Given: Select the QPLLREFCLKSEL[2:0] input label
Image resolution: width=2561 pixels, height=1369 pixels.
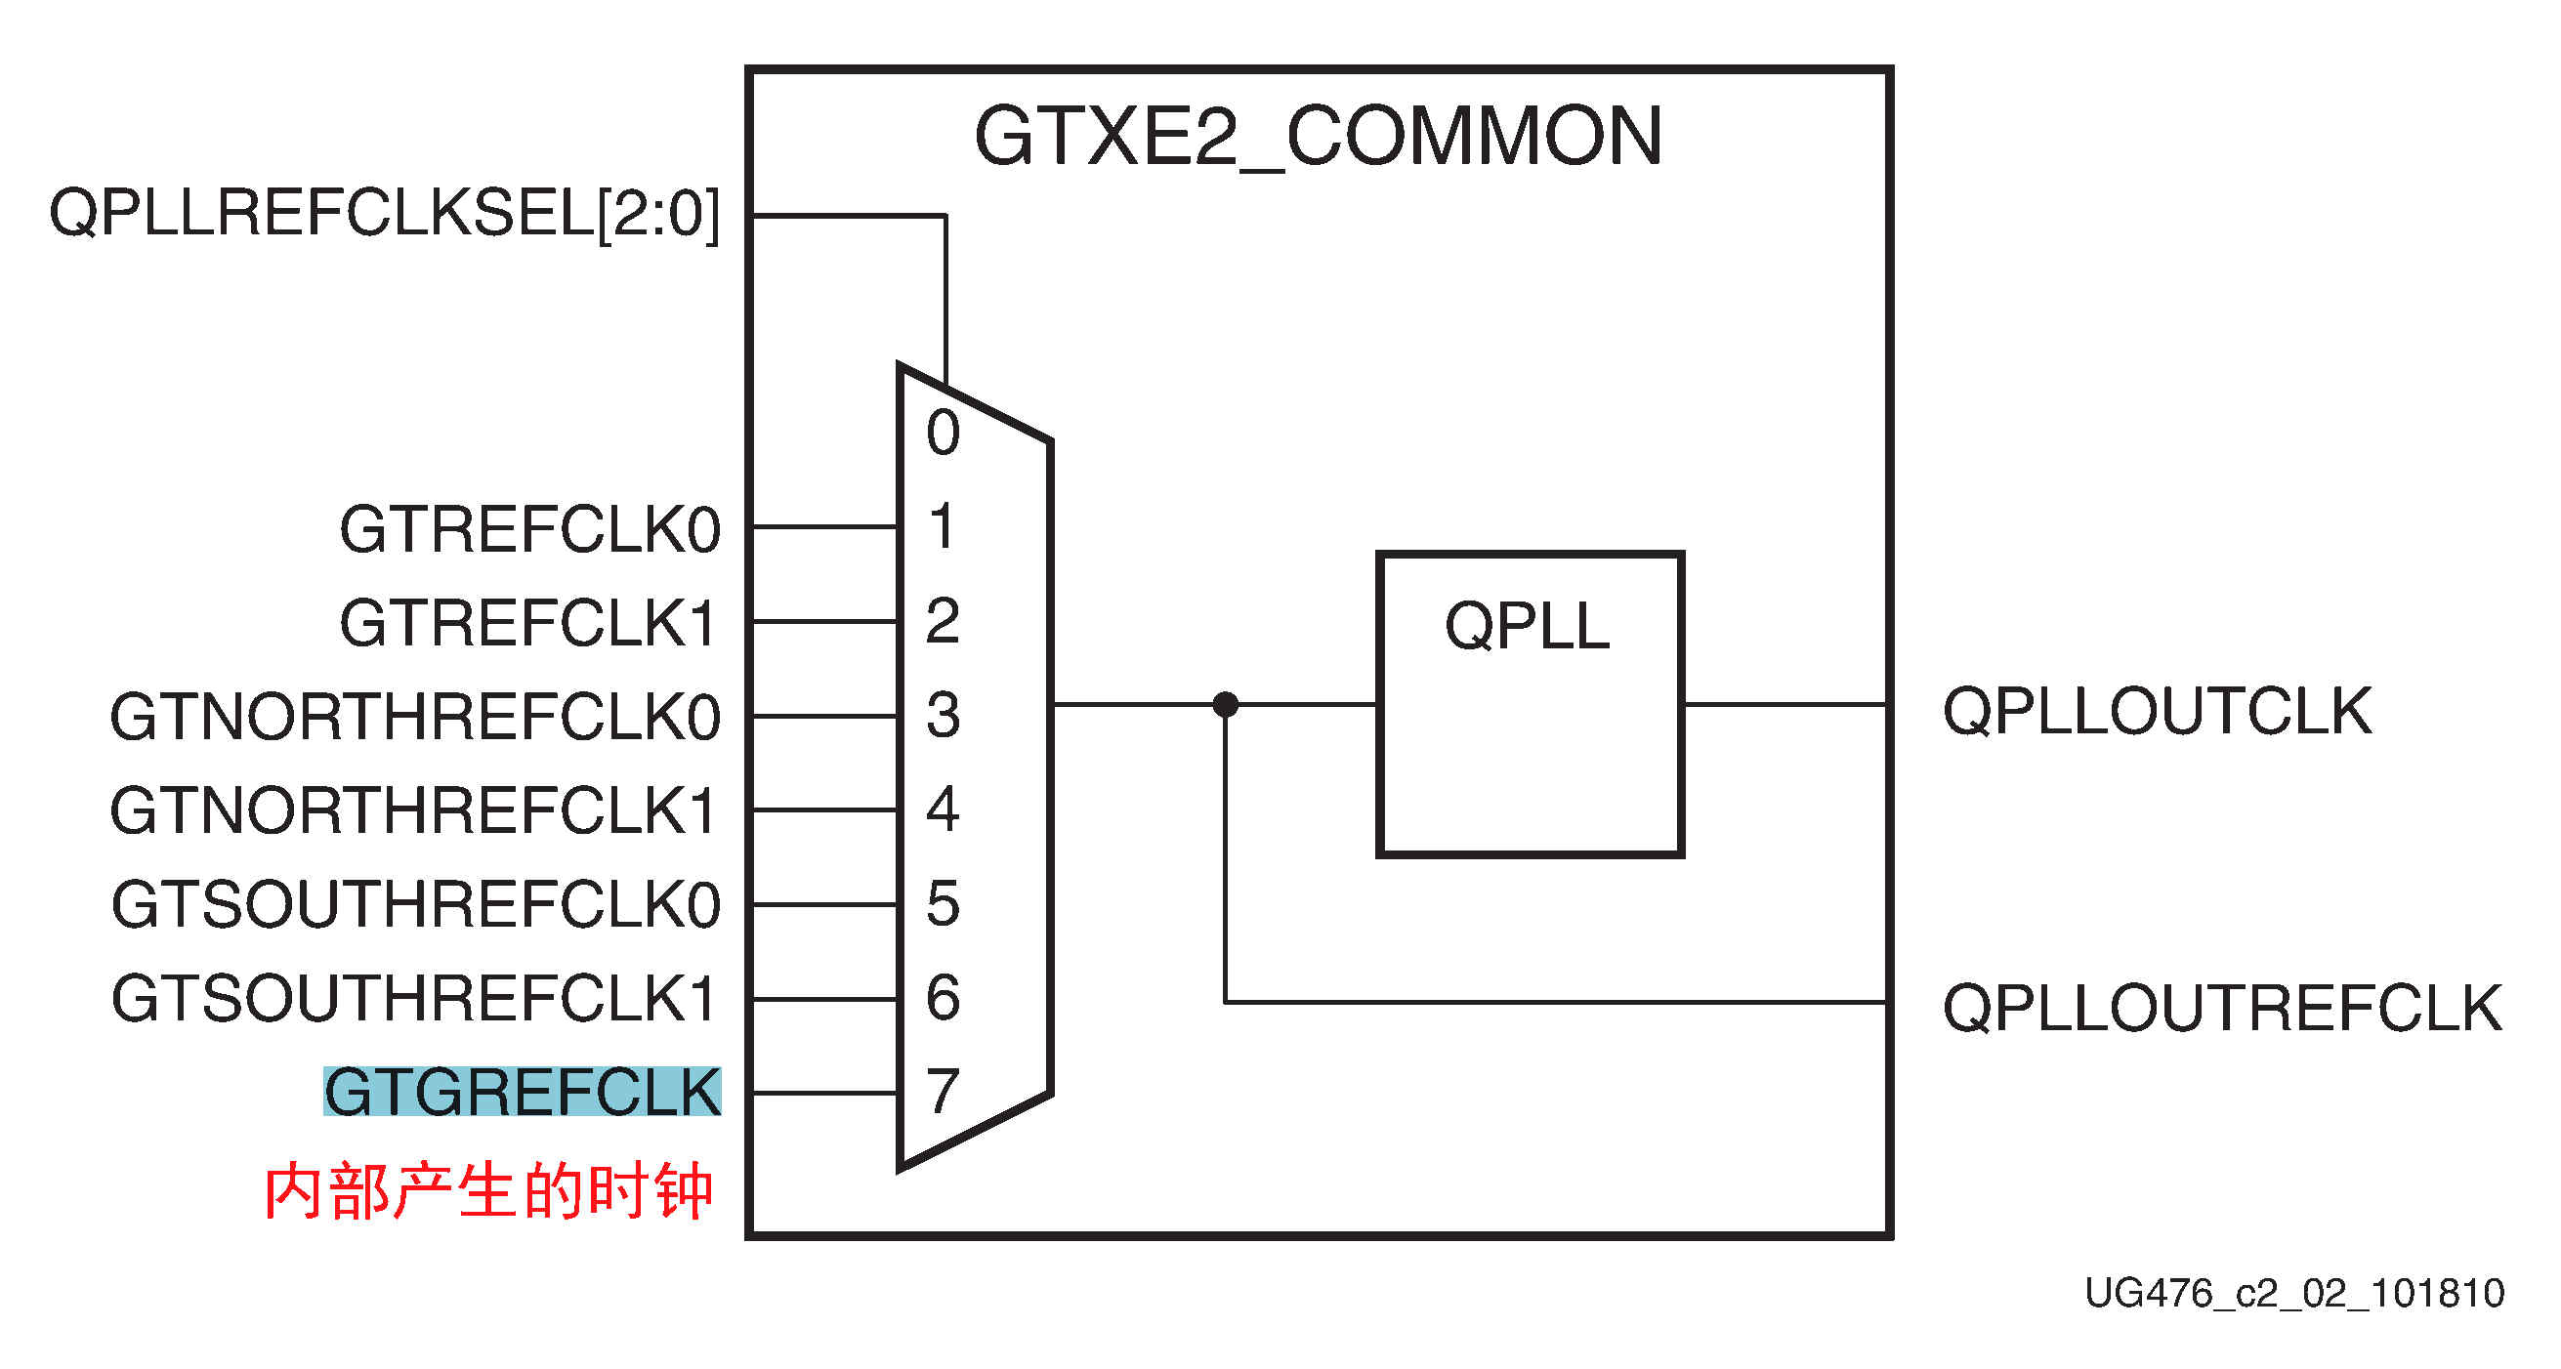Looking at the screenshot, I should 384,213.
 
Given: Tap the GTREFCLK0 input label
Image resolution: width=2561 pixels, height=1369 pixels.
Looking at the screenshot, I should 530,528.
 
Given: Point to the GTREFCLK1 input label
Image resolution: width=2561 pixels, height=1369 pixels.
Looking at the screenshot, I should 527,622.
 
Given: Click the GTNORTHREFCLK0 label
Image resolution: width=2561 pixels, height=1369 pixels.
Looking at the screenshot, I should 414,717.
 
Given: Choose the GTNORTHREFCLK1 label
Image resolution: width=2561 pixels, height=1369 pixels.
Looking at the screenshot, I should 412,810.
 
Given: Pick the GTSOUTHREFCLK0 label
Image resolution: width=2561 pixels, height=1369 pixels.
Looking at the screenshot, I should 415,905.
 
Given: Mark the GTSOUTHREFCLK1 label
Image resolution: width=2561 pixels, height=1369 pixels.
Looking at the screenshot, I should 413,998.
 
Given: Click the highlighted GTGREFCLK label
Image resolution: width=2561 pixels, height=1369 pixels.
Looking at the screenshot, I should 522,1092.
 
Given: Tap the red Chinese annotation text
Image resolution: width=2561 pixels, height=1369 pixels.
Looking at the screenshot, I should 488,1190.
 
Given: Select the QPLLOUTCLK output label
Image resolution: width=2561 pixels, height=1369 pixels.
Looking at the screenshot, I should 2158,711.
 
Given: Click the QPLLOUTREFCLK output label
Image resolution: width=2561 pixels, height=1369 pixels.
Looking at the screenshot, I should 2222,1007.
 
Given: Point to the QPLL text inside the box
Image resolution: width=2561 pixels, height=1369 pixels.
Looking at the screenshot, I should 1527,626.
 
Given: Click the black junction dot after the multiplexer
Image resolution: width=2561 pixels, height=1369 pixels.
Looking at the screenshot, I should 1226,705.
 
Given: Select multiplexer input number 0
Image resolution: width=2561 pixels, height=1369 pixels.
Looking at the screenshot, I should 943,433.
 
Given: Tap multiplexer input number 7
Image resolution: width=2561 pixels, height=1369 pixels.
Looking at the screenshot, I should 943,1092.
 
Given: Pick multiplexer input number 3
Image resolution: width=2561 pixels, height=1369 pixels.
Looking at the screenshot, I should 943,715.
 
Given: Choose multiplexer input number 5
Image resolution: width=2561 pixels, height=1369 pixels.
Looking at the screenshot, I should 943,904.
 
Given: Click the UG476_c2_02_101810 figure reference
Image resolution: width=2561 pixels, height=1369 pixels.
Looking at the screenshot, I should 2293,1293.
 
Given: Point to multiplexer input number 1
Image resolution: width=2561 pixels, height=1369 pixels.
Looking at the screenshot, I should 943,526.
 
